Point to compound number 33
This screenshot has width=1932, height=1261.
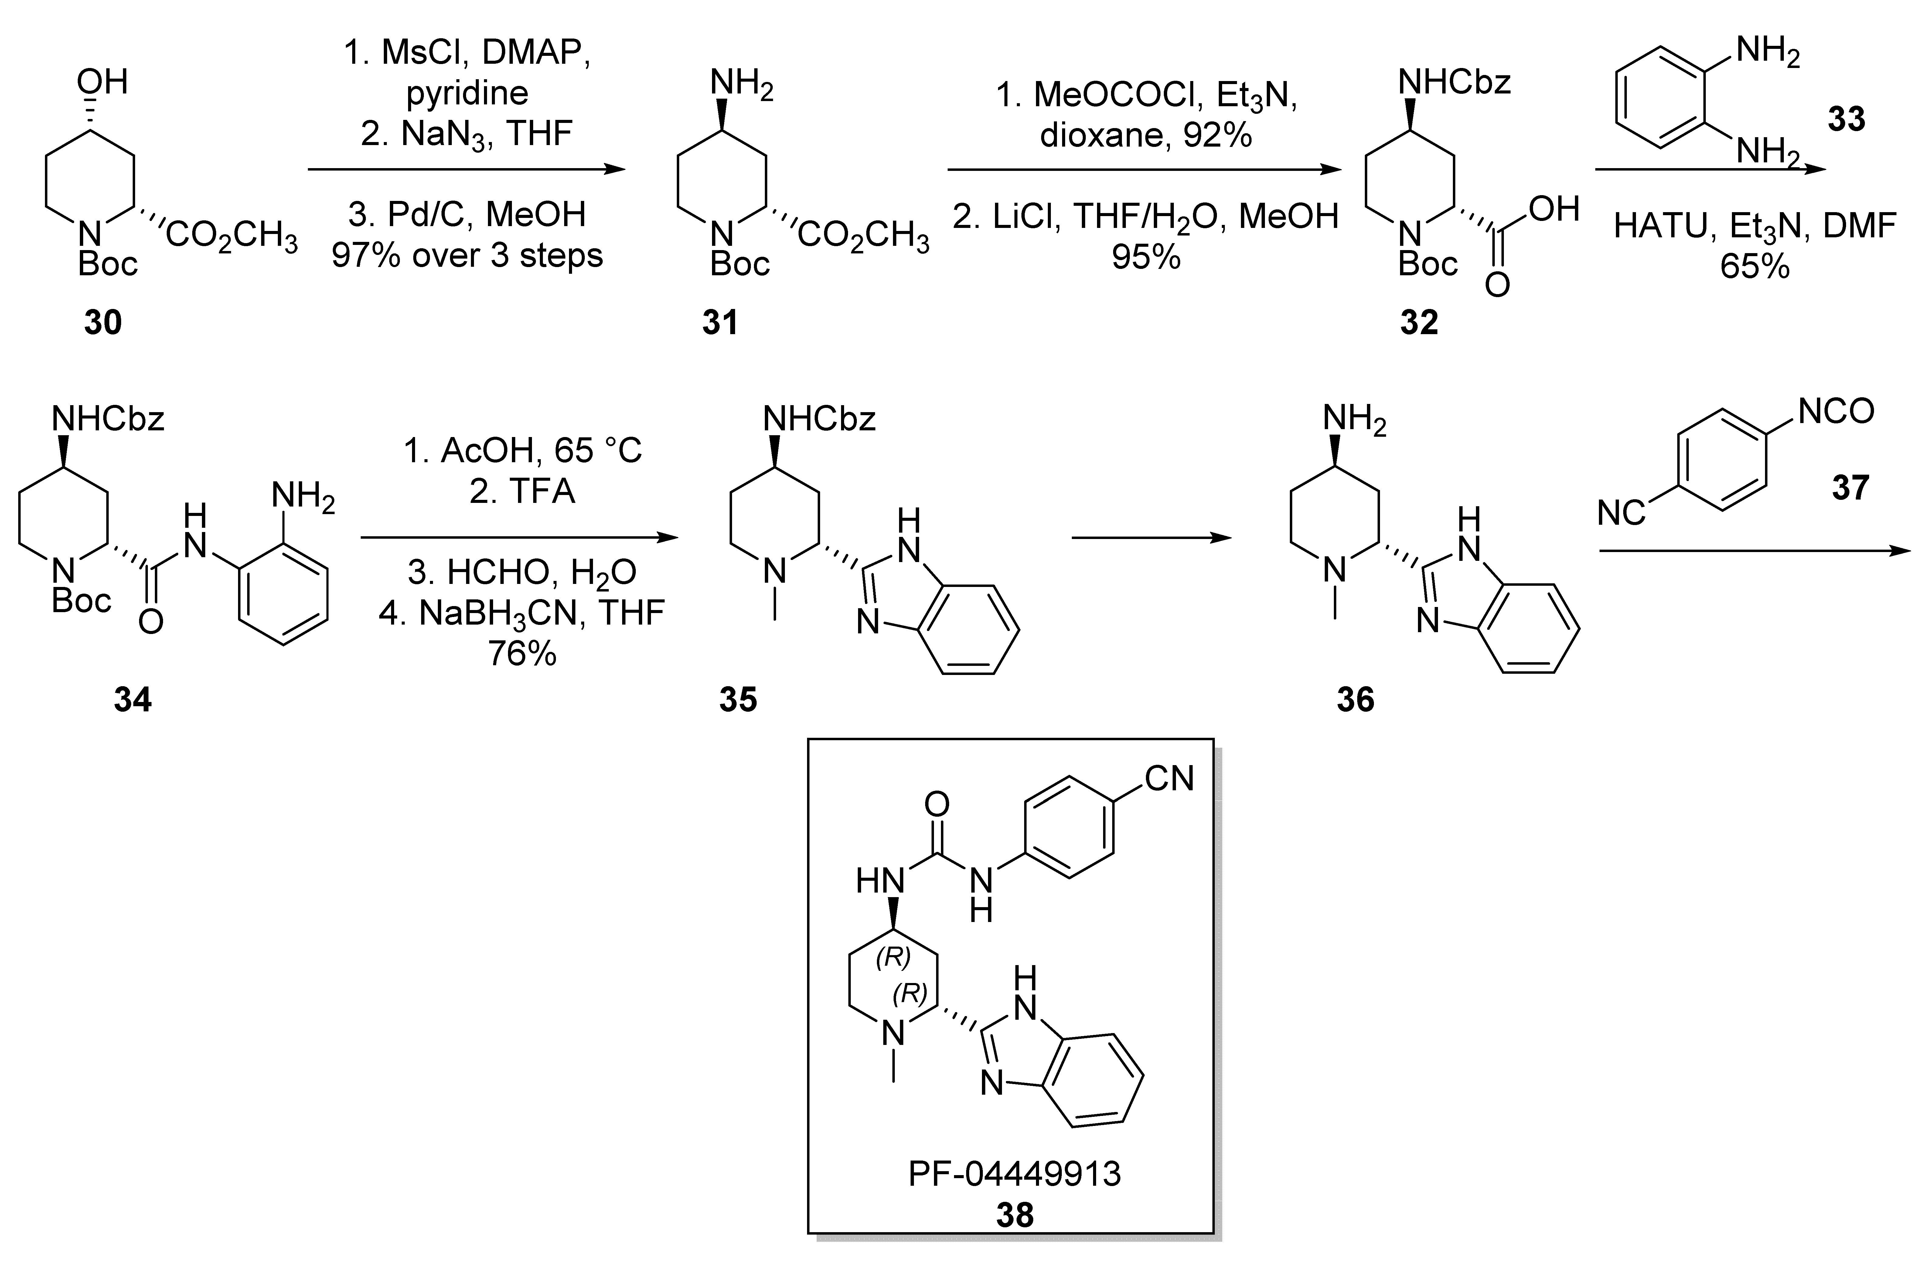pos(1846,119)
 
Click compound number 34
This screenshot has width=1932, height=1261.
pos(132,700)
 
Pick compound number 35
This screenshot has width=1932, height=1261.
pos(738,700)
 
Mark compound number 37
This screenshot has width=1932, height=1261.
pos(1850,488)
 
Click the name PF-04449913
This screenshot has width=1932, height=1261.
pos(1015,1174)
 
